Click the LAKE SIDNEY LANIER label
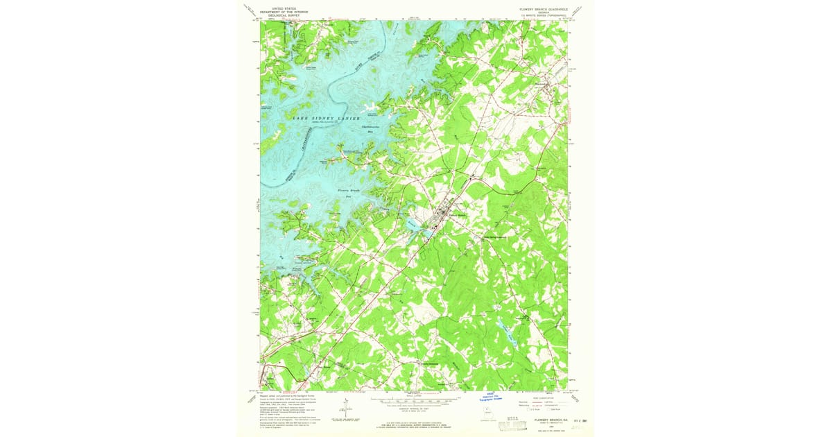click(x=326, y=119)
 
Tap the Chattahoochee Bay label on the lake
click(x=370, y=129)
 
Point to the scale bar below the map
click(x=416, y=400)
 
